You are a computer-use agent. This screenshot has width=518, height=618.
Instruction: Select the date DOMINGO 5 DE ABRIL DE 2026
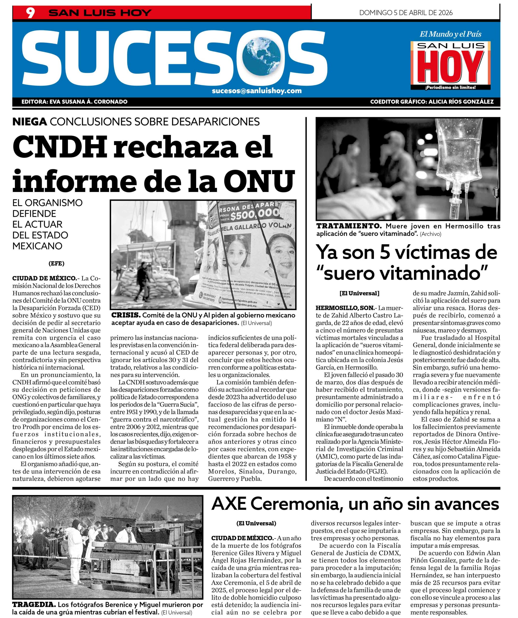pos(406,13)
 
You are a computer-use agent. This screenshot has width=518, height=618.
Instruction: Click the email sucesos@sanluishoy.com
pos(257,91)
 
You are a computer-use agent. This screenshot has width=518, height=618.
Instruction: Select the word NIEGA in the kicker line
pos(30,121)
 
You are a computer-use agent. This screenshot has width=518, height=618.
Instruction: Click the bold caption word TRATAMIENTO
pos(349,226)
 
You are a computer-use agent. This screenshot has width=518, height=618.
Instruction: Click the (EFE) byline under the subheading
pos(57,264)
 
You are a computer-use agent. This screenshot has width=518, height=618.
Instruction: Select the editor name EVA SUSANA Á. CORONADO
pos(89,102)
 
